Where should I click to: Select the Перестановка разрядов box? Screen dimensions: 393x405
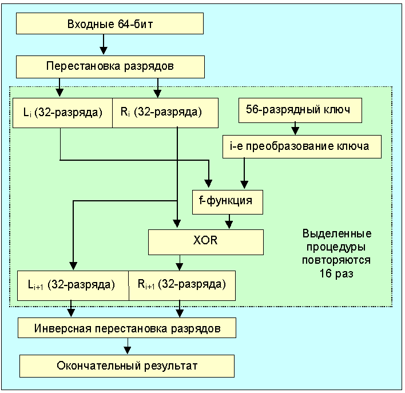110,66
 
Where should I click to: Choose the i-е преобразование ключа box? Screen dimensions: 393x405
302,146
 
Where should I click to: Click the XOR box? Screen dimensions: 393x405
206,241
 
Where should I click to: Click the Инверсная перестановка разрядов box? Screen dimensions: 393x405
126,329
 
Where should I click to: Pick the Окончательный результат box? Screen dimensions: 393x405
127,366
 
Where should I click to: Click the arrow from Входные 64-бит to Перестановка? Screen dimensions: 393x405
104,45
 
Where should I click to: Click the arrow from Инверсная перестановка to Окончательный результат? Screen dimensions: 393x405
127,347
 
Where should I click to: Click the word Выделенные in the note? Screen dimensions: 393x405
336,234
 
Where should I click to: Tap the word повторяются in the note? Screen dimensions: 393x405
336,260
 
